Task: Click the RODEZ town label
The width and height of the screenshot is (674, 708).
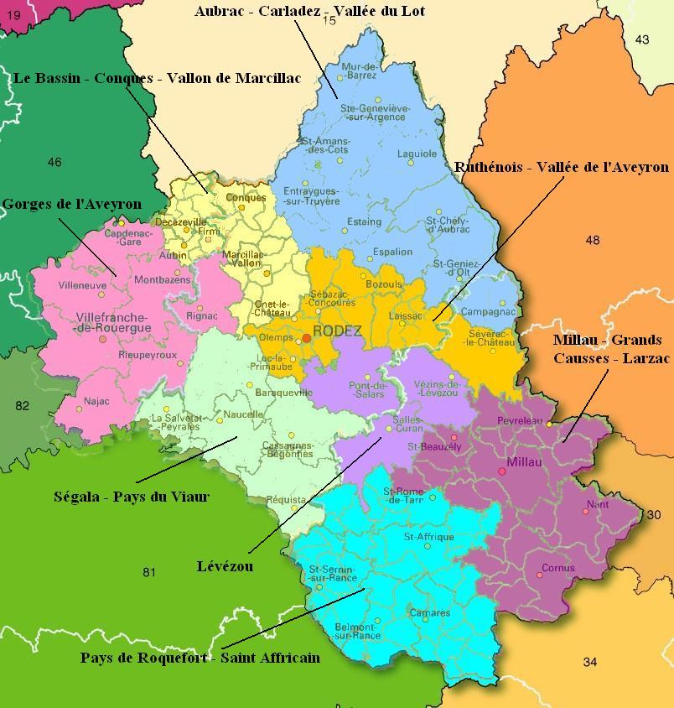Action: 337,331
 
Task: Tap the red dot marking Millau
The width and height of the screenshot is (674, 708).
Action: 502,471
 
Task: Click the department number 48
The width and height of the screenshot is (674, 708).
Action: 593,240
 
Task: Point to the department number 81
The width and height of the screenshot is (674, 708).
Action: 149,573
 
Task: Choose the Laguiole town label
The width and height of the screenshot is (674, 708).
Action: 417,154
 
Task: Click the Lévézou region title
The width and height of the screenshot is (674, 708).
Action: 226,567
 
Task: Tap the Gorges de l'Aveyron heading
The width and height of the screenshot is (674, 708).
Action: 71,204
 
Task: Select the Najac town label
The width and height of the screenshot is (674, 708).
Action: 97,401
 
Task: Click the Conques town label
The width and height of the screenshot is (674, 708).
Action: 246,198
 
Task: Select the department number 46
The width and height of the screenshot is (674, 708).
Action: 54,162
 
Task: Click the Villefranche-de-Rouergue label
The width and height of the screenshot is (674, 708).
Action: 113,323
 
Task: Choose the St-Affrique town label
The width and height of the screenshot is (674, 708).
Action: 428,537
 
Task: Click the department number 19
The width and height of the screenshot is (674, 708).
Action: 13,14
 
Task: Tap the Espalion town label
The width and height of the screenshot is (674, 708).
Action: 392,252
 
